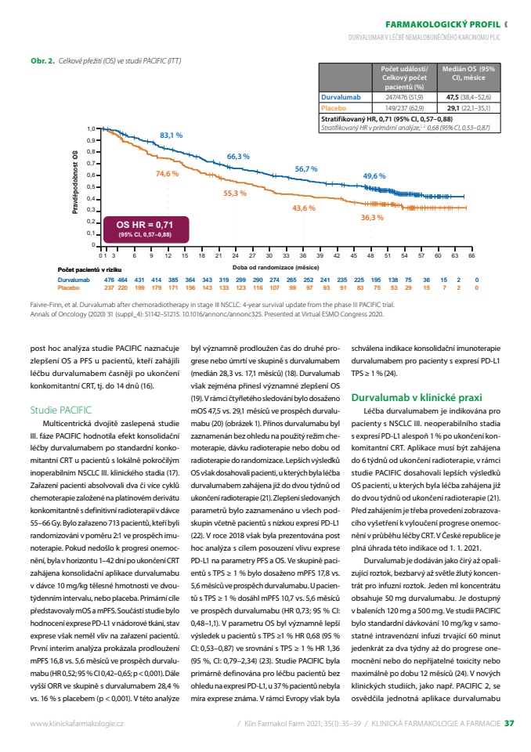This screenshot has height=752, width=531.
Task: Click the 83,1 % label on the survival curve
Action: [172, 136]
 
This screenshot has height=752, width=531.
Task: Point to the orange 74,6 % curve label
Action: [167, 174]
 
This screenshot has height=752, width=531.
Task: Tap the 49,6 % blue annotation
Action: [374, 176]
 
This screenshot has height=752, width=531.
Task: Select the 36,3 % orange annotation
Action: [372, 218]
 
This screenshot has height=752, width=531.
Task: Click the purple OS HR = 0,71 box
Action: [146, 230]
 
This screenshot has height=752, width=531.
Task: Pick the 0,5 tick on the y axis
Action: [91, 187]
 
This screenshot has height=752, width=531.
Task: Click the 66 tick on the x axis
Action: [471, 255]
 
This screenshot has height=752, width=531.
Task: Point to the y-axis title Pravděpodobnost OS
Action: [75, 183]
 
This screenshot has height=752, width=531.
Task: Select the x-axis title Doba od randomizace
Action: [276, 267]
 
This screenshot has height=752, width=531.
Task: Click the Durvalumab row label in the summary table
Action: [341, 97]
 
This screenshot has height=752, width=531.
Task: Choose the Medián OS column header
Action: [468, 74]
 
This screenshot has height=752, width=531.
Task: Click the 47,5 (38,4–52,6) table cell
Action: [468, 97]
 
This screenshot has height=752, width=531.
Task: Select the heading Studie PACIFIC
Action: [60, 410]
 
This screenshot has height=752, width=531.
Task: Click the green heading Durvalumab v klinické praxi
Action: [417, 398]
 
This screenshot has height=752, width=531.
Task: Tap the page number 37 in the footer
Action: [509, 723]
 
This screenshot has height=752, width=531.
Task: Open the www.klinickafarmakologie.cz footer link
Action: [77, 724]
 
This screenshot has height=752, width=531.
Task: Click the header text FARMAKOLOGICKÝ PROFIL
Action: [442, 24]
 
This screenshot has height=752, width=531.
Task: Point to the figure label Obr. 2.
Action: [43, 61]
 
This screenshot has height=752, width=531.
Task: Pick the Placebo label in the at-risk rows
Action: [69, 287]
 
